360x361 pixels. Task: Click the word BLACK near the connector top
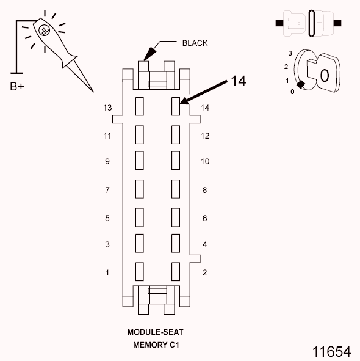click(x=195, y=43)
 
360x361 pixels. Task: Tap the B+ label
click(x=17, y=86)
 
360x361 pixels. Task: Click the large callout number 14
click(x=238, y=82)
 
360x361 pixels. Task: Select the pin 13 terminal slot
click(x=139, y=106)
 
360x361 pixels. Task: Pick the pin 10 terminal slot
click(x=176, y=160)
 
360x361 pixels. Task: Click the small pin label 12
click(x=205, y=136)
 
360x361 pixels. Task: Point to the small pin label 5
click(x=107, y=218)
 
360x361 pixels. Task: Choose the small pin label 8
click(x=205, y=190)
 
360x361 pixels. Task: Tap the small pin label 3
click(x=107, y=245)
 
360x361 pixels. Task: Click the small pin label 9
click(x=107, y=162)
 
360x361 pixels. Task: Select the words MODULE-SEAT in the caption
click(x=155, y=332)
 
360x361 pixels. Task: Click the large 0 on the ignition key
click(x=325, y=75)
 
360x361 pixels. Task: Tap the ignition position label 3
click(x=290, y=54)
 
